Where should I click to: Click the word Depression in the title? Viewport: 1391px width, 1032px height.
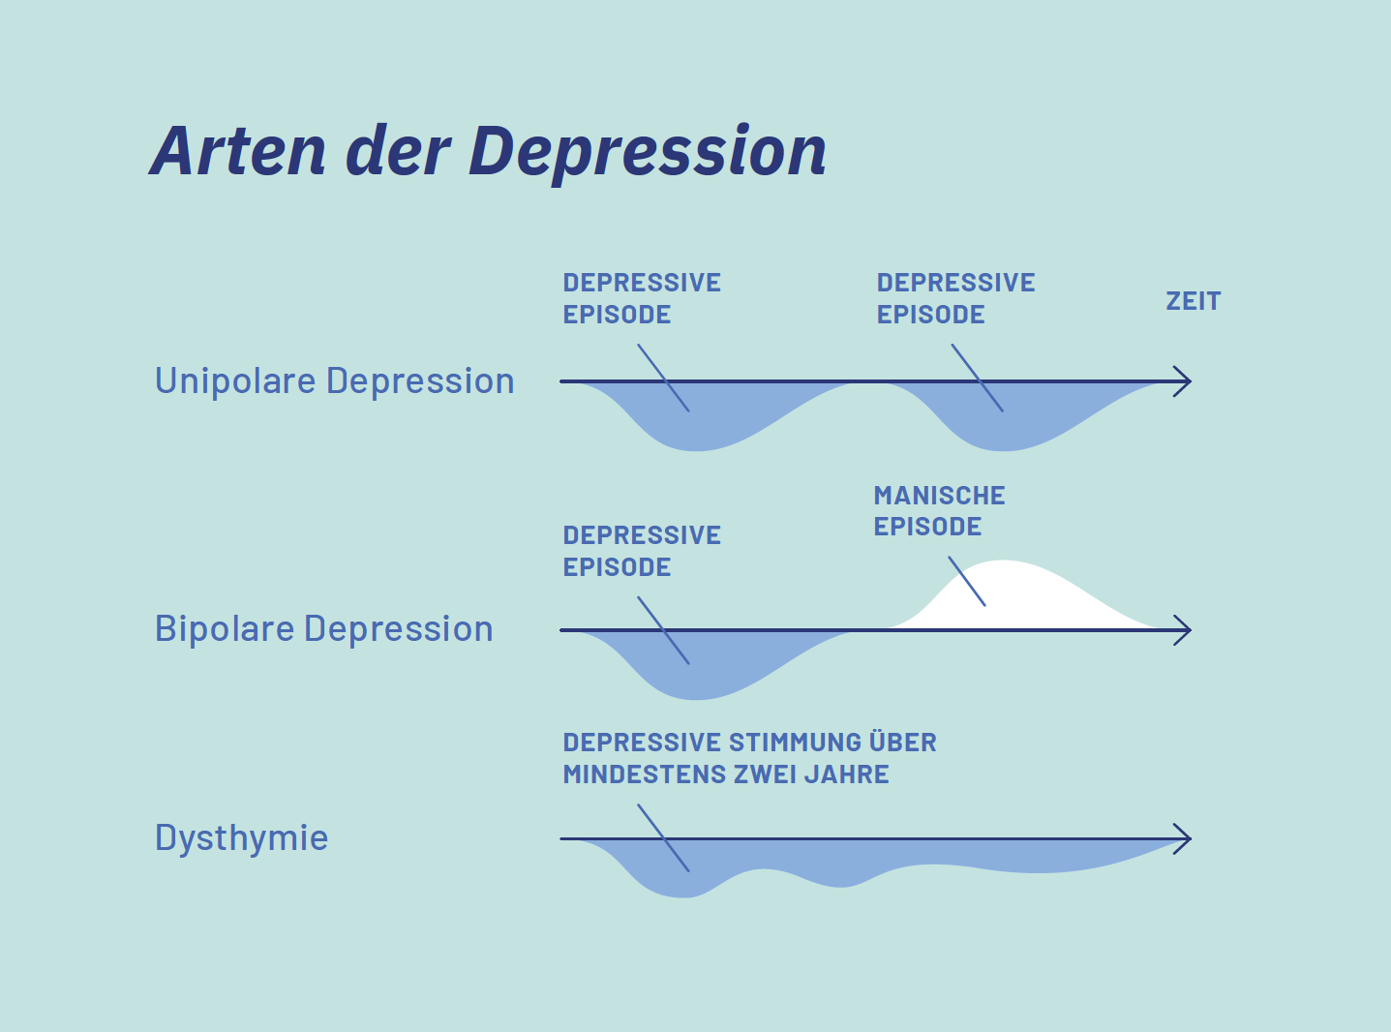[648, 153]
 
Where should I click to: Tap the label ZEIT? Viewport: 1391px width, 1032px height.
[1193, 301]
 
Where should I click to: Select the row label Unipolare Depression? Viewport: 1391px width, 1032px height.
[334, 381]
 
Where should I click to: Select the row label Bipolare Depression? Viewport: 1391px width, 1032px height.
[323, 629]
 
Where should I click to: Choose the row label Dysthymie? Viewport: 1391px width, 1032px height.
[241, 837]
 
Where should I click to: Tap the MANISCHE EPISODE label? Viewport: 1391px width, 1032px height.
[939, 511]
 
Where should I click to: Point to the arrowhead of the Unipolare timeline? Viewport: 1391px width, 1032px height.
[1182, 382]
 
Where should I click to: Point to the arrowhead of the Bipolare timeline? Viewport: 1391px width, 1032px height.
[1182, 630]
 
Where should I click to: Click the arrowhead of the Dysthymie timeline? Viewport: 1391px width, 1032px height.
[1182, 839]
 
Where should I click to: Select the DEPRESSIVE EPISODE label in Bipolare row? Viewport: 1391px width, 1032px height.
[642, 551]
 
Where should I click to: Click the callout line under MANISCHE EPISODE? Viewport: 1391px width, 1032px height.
[967, 582]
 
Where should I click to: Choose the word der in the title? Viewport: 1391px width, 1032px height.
[398, 151]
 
